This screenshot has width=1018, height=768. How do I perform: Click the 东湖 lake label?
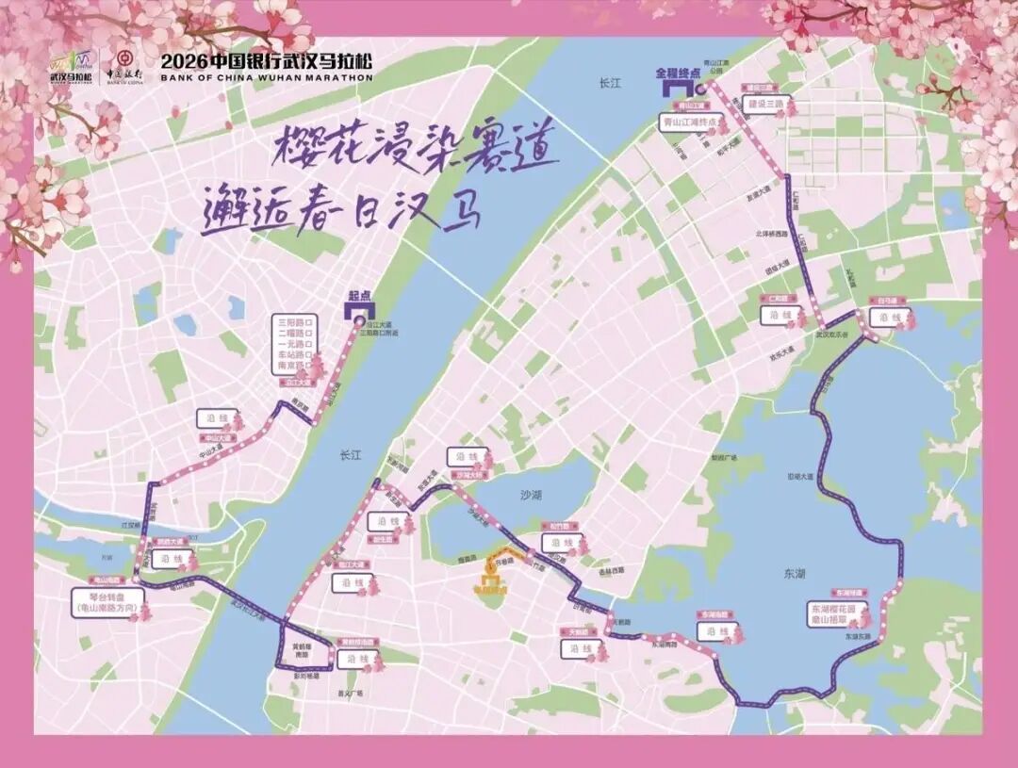pos(794,573)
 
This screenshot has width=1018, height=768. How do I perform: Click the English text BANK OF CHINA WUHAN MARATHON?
pos(267,78)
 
